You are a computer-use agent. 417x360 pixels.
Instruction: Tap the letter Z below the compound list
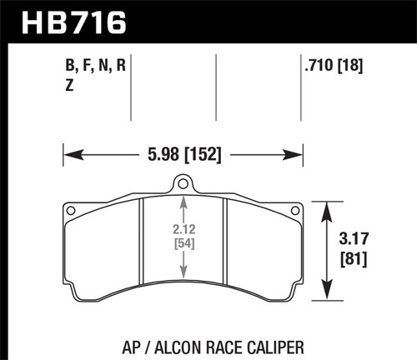pyautogui.click(x=69, y=84)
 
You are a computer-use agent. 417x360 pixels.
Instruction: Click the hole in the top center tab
pyautogui.click(x=183, y=184)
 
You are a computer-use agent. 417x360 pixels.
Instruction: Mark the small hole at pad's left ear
pyautogui.click(x=73, y=210)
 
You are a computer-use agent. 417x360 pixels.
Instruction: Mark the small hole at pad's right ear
pyautogui.click(x=292, y=210)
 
